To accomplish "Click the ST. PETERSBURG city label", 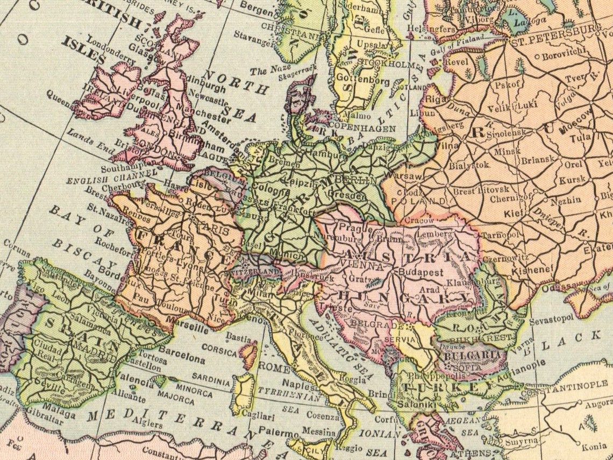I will [555, 43].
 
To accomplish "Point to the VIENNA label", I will [365, 266].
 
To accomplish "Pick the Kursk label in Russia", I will [571, 180].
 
